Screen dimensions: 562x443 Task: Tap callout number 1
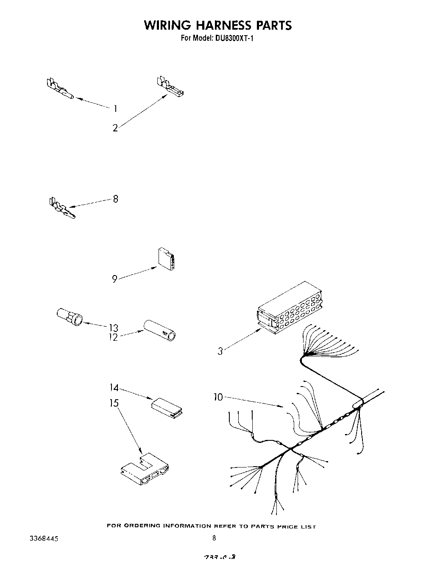tap(115, 109)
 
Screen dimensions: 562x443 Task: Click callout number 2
tap(115, 128)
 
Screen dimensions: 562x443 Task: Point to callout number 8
tap(115, 198)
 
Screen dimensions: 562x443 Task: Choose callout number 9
tap(114, 279)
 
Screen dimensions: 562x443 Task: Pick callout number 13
tap(113, 328)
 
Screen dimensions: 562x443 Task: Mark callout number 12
tap(113, 338)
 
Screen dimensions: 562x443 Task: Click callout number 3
tap(220, 351)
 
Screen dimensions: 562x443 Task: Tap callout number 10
tap(218, 398)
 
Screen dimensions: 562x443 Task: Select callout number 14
tap(114, 388)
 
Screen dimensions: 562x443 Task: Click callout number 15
tap(114, 403)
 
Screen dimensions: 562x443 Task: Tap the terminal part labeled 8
tap(61, 209)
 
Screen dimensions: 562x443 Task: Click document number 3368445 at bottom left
tap(45, 539)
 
